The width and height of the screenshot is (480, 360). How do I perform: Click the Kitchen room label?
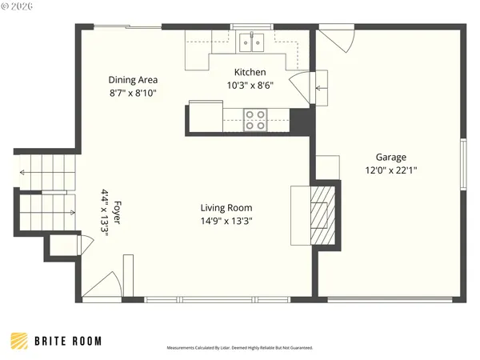coord(250,72)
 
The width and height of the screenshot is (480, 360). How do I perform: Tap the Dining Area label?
coord(133,80)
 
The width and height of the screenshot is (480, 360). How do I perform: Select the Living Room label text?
coord(227,207)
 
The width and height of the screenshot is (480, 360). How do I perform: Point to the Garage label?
coord(391,158)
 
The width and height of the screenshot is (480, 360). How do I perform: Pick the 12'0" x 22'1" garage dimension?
coord(391,170)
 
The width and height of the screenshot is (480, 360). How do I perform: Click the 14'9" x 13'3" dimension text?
coord(227,221)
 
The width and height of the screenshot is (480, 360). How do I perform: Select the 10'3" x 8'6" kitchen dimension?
coord(250,86)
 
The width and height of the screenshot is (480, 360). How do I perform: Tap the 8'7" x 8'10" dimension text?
coord(133,93)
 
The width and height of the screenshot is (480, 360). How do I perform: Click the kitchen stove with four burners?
coord(255,120)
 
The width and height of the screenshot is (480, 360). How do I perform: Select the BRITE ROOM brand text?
coord(68,341)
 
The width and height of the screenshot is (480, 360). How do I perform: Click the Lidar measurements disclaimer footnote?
coord(240,348)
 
